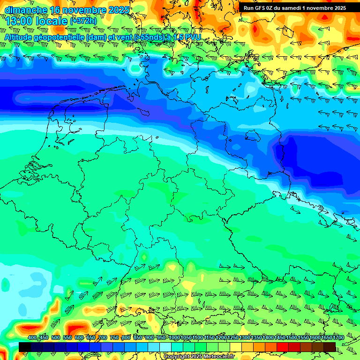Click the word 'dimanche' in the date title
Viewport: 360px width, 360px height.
point(26,9)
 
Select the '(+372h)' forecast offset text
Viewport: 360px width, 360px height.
point(83,21)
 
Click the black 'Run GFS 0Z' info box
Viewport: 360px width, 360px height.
point(294,7)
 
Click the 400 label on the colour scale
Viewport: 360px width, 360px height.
point(32,338)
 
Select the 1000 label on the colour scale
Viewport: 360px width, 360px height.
point(174,338)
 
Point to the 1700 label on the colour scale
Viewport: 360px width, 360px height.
point(326,338)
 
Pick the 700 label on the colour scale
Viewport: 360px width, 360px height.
point(103,338)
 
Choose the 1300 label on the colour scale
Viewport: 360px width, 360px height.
point(244,338)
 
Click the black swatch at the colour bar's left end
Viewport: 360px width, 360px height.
point(24,347)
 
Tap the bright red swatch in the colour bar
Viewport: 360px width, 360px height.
point(282,347)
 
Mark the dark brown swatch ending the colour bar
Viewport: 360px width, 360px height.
point(329,347)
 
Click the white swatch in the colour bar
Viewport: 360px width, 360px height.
point(165,347)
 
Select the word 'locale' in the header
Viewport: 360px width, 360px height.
point(53,21)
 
